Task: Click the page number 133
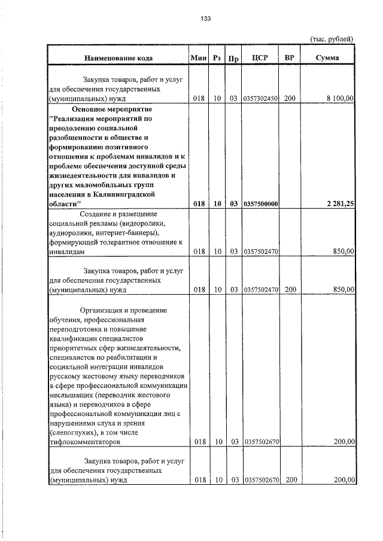205,19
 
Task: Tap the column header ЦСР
260,58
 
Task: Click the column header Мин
197,58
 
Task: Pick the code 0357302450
260,98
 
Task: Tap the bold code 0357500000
260,204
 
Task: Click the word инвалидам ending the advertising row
65,252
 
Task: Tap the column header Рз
217,58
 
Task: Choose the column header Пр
234,58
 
